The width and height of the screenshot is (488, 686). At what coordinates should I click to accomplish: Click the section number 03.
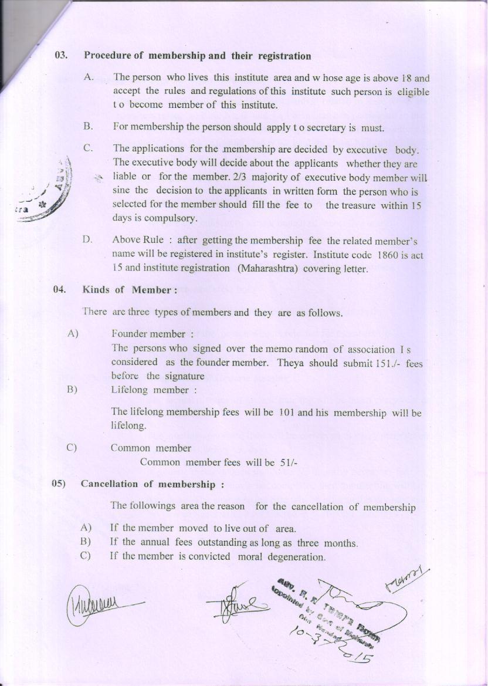coord(61,56)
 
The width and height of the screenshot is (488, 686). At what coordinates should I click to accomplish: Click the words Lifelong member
coord(150,390)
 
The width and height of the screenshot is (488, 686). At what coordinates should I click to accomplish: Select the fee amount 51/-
coord(289,462)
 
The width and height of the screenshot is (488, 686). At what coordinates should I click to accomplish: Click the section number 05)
coord(59,484)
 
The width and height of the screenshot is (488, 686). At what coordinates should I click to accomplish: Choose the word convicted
coord(209,556)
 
